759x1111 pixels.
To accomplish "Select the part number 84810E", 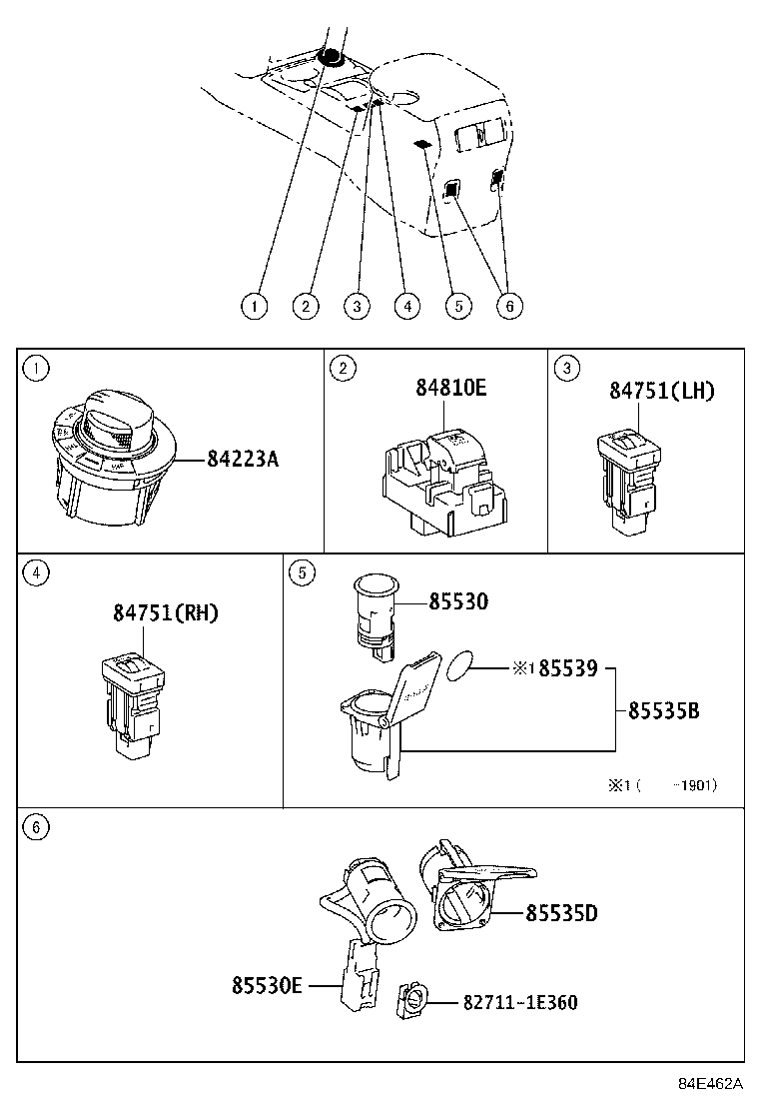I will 450,389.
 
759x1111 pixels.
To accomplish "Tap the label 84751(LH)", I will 662,391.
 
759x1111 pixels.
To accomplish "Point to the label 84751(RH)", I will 165,612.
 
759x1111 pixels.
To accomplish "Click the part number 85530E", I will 267,985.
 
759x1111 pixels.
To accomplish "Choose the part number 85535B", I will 663,710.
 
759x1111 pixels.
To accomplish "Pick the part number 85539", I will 567,668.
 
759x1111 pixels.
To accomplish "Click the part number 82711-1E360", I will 519,1002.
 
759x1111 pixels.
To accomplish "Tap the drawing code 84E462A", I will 711,1084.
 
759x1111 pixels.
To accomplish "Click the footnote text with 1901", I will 663,785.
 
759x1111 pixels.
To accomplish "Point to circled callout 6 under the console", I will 508,306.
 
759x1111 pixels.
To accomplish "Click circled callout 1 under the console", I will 255,306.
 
